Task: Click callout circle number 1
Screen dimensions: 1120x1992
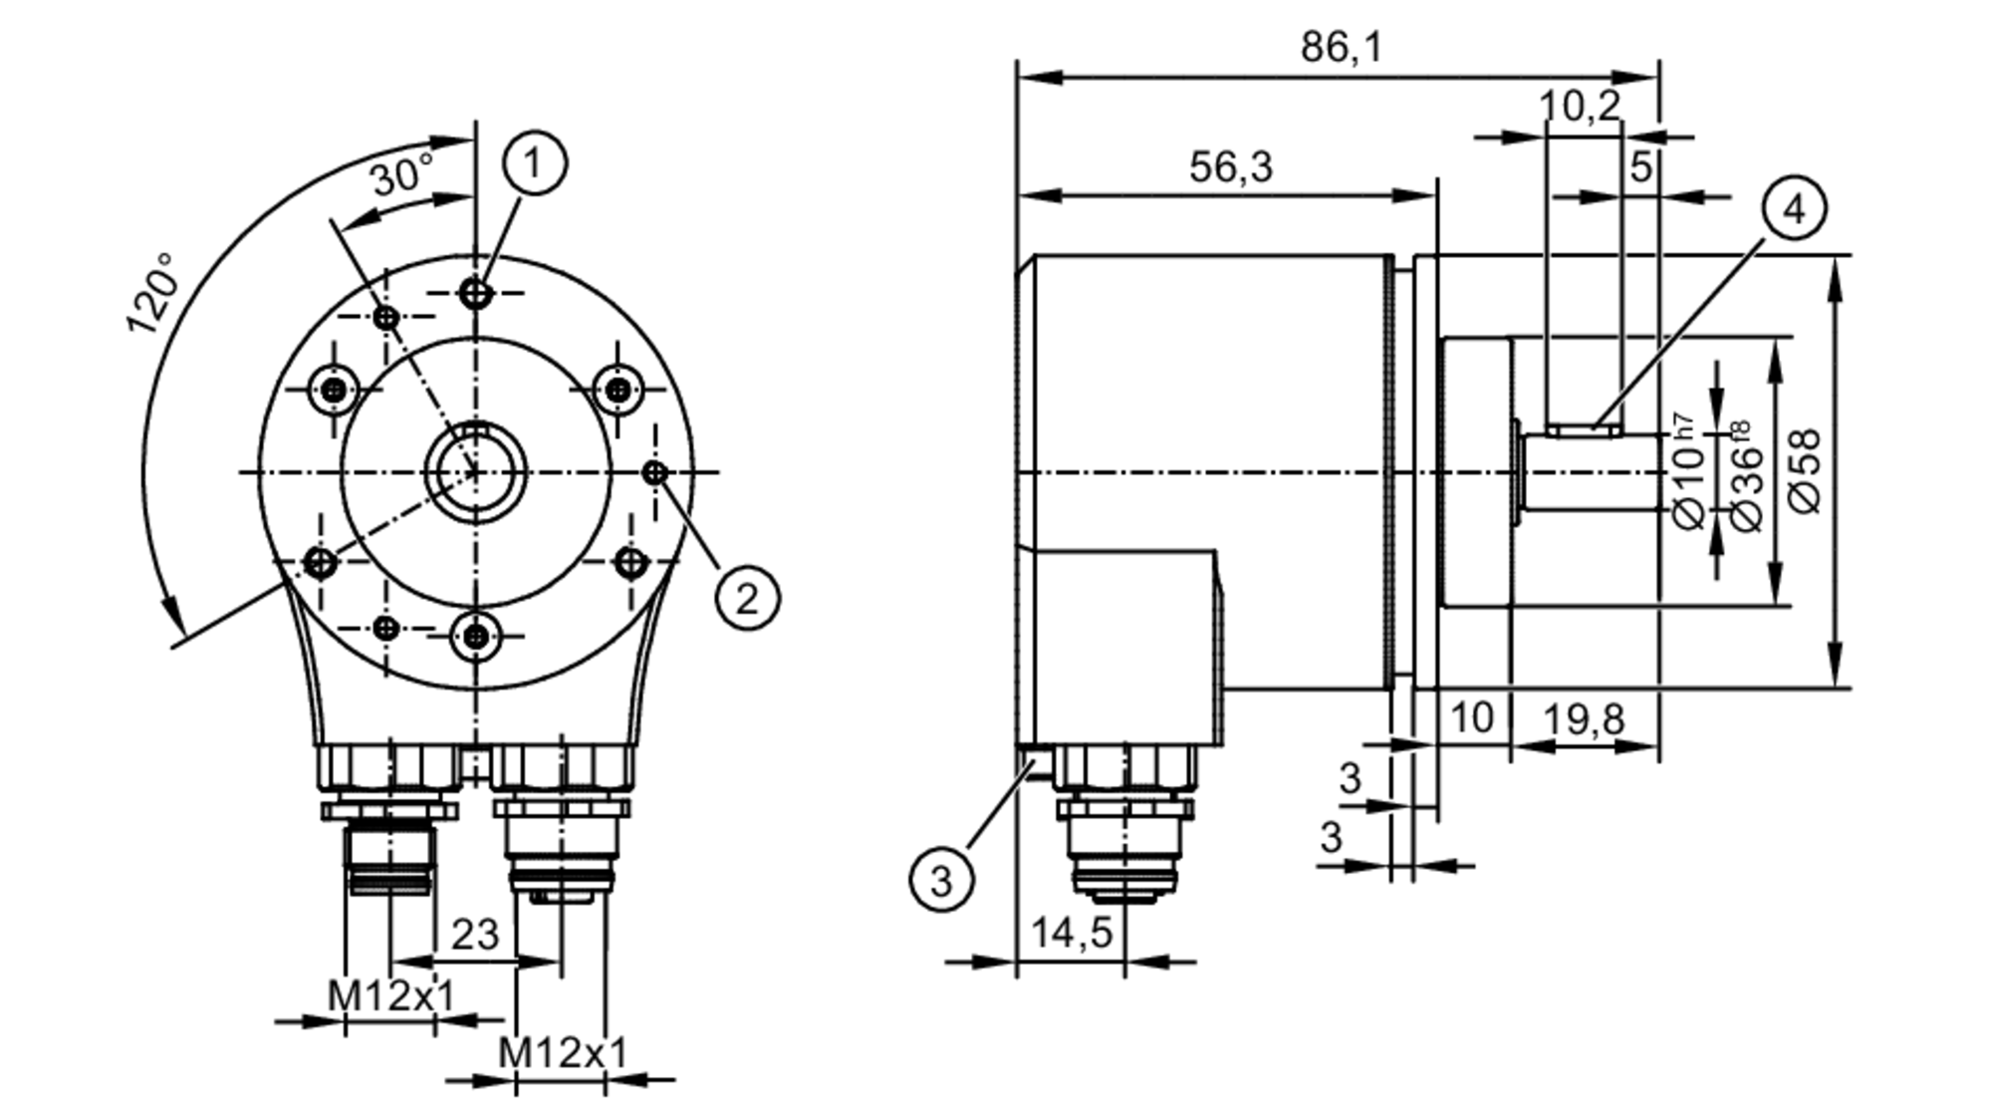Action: pyautogui.click(x=535, y=162)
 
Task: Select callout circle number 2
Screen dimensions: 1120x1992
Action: pyautogui.click(x=747, y=598)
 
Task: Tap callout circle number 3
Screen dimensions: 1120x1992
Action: pyautogui.click(x=941, y=880)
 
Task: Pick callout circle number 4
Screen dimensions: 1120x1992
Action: pyautogui.click(x=1794, y=209)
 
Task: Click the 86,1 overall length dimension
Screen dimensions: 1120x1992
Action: pyautogui.click(x=1341, y=47)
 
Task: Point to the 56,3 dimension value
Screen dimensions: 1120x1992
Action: pyautogui.click(x=1230, y=166)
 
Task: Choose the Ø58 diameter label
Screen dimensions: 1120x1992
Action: pyautogui.click(x=1805, y=470)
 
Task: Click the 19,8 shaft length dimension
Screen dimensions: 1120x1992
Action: pyautogui.click(x=1584, y=717)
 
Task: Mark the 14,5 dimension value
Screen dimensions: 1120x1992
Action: pyautogui.click(x=1071, y=933)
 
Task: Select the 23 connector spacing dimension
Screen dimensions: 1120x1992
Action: pyautogui.click(x=474, y=935)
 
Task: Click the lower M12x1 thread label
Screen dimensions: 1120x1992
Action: pyautogui.click(x=562, y=1051)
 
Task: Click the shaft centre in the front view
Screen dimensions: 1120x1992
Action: pyautogui.click(x=476, y=472)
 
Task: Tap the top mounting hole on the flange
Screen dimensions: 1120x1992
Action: pyautogui.click(x=476, y=294)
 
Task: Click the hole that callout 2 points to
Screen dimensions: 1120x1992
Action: pyautogui.click(x=654, y=472)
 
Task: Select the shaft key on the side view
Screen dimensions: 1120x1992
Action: pyautogui.click(x=1584, y=429)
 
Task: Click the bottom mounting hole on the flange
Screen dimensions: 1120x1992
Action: pyautogui.click(x=476, y=636)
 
